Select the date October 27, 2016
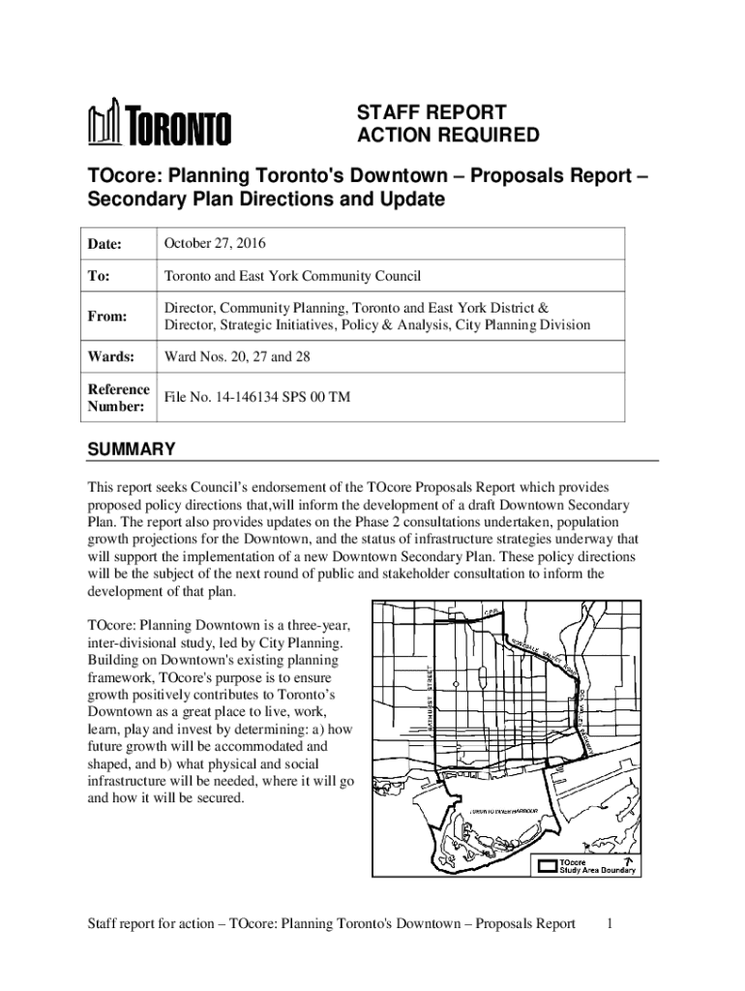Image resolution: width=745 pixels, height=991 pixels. tap(216, 242)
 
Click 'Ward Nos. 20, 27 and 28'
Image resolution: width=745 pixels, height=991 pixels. tap(237, 357)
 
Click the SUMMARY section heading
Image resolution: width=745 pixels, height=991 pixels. tap(132, 449)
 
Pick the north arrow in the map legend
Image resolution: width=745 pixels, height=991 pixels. tap(628, 859)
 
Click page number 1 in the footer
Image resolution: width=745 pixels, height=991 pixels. tap(609, 923)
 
